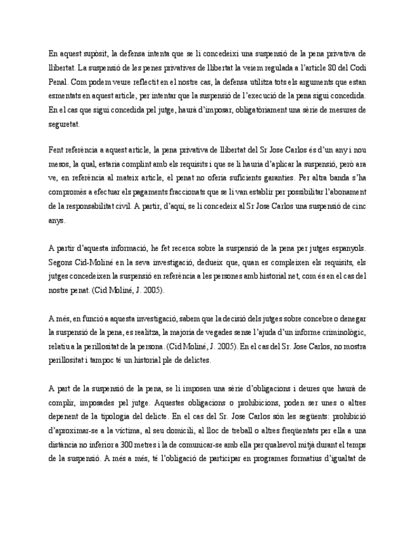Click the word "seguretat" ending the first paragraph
[64, 123]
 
